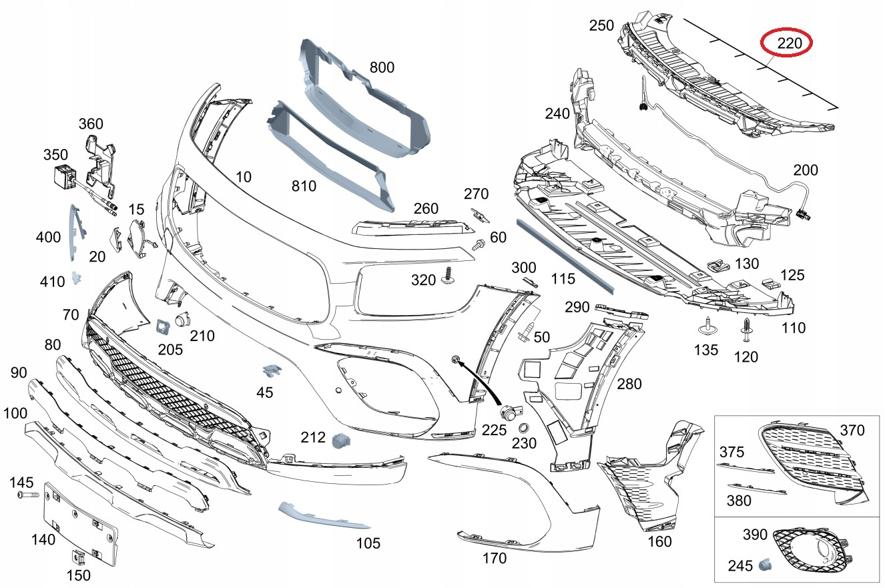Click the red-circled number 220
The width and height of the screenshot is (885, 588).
pos(790,43)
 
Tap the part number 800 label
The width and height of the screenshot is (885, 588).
pos(382,67)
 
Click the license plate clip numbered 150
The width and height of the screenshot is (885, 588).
pos(78,557)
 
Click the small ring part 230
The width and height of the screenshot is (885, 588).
pos(524,428)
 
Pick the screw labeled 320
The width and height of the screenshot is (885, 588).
pos(449,276)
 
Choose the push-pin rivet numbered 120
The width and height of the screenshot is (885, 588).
pos(746,330)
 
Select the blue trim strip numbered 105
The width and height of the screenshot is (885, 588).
pos(324,515)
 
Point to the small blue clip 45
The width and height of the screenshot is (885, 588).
pos(272,370)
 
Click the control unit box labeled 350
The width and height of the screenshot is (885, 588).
pos(65,176)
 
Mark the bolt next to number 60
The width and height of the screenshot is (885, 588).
pos(479,244)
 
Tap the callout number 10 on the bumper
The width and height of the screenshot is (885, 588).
pos(244,177)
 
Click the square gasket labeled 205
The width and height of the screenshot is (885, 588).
pos(163,326)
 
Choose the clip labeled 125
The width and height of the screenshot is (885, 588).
pos(770,284)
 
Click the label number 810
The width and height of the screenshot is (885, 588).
pos(304,186)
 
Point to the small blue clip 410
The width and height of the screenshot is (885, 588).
pos(76,278)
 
